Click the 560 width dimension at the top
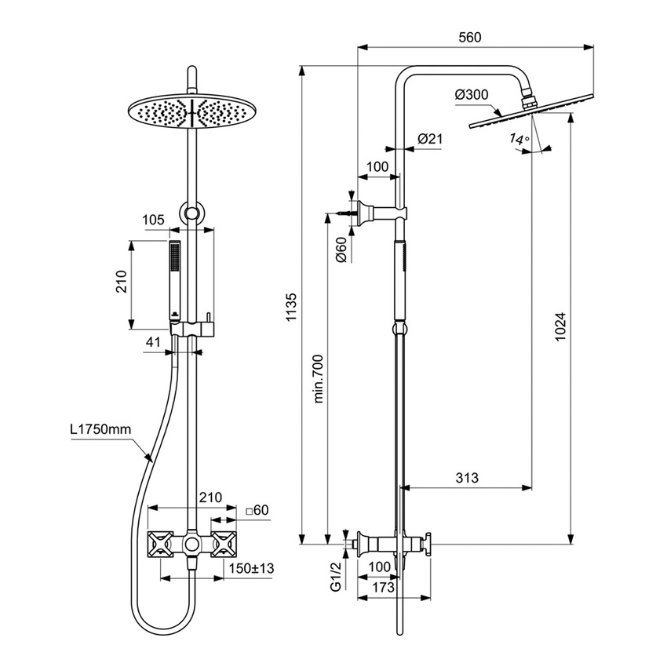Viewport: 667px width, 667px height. [469, 37]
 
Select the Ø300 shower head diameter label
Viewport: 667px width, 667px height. [472, 95]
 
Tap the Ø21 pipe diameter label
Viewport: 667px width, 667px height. [430, 139]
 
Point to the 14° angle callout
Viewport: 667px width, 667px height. [519, 140]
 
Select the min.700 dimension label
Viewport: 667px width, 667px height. [319, 377]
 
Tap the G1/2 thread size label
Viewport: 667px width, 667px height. [335, 576]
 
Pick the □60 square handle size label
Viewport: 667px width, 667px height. [257, 510]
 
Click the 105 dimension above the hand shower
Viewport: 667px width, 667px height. [154, 220]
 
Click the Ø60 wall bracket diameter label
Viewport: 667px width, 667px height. [341, 250]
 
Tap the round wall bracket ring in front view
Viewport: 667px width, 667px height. [191, 212]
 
